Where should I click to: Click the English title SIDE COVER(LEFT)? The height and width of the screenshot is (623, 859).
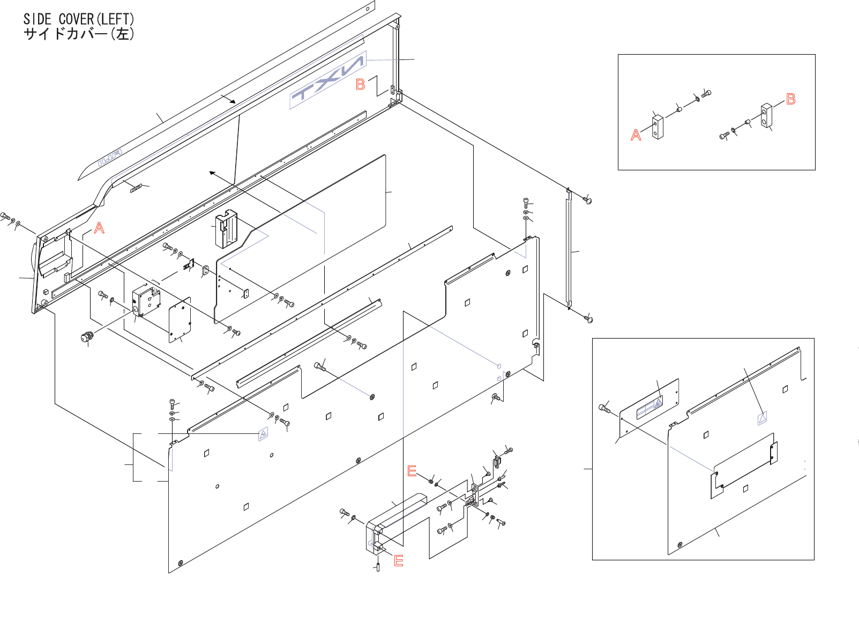coord(79,19)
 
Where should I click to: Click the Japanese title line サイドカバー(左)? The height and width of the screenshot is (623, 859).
coord(79,34)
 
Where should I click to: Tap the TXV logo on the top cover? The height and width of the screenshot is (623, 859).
coord(327,80)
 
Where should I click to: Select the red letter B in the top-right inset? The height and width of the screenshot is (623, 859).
coord(790,99)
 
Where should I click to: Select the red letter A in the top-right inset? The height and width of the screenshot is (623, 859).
coord(636,135)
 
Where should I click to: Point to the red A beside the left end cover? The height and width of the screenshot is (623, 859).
coord(99,228)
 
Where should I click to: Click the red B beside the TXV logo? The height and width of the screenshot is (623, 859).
coord(361,85)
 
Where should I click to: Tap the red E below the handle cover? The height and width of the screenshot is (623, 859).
coord(399,561)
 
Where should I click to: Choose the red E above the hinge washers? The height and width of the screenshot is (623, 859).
coord(412,471)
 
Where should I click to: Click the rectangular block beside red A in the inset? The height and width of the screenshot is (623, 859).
coord(658,127)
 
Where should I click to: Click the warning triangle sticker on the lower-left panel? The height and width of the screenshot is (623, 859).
coord(263,434)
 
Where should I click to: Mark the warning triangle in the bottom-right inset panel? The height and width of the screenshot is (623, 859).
coord(762,417)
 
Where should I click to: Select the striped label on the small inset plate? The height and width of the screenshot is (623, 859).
coord(649,408)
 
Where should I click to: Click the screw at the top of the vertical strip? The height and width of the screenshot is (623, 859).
coord(587,200)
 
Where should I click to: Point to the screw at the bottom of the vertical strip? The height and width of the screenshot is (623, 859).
coord(589,319)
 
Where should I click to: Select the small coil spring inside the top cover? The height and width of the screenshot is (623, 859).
coord(136,188)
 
